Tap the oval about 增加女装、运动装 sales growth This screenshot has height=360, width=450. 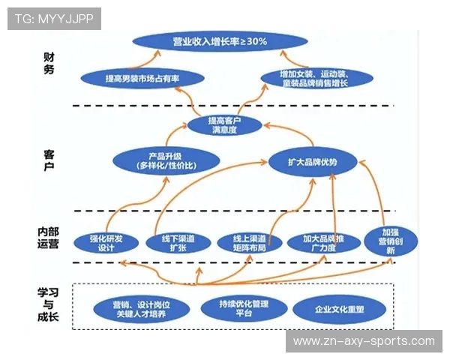[x=316, y=78]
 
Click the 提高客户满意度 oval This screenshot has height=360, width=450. [x=224, y=124]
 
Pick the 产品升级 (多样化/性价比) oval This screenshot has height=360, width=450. [x=166, y=159]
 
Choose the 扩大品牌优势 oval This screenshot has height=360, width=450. [x=313, y=161]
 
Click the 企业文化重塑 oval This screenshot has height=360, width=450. [x=340, y=309]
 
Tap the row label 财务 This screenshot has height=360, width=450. [x=48, y=65]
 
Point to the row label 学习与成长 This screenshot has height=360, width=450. [x=48, y=307]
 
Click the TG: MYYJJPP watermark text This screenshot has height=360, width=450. [x=54, y=19]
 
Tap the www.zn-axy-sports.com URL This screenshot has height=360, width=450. [x=364, y=341]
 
